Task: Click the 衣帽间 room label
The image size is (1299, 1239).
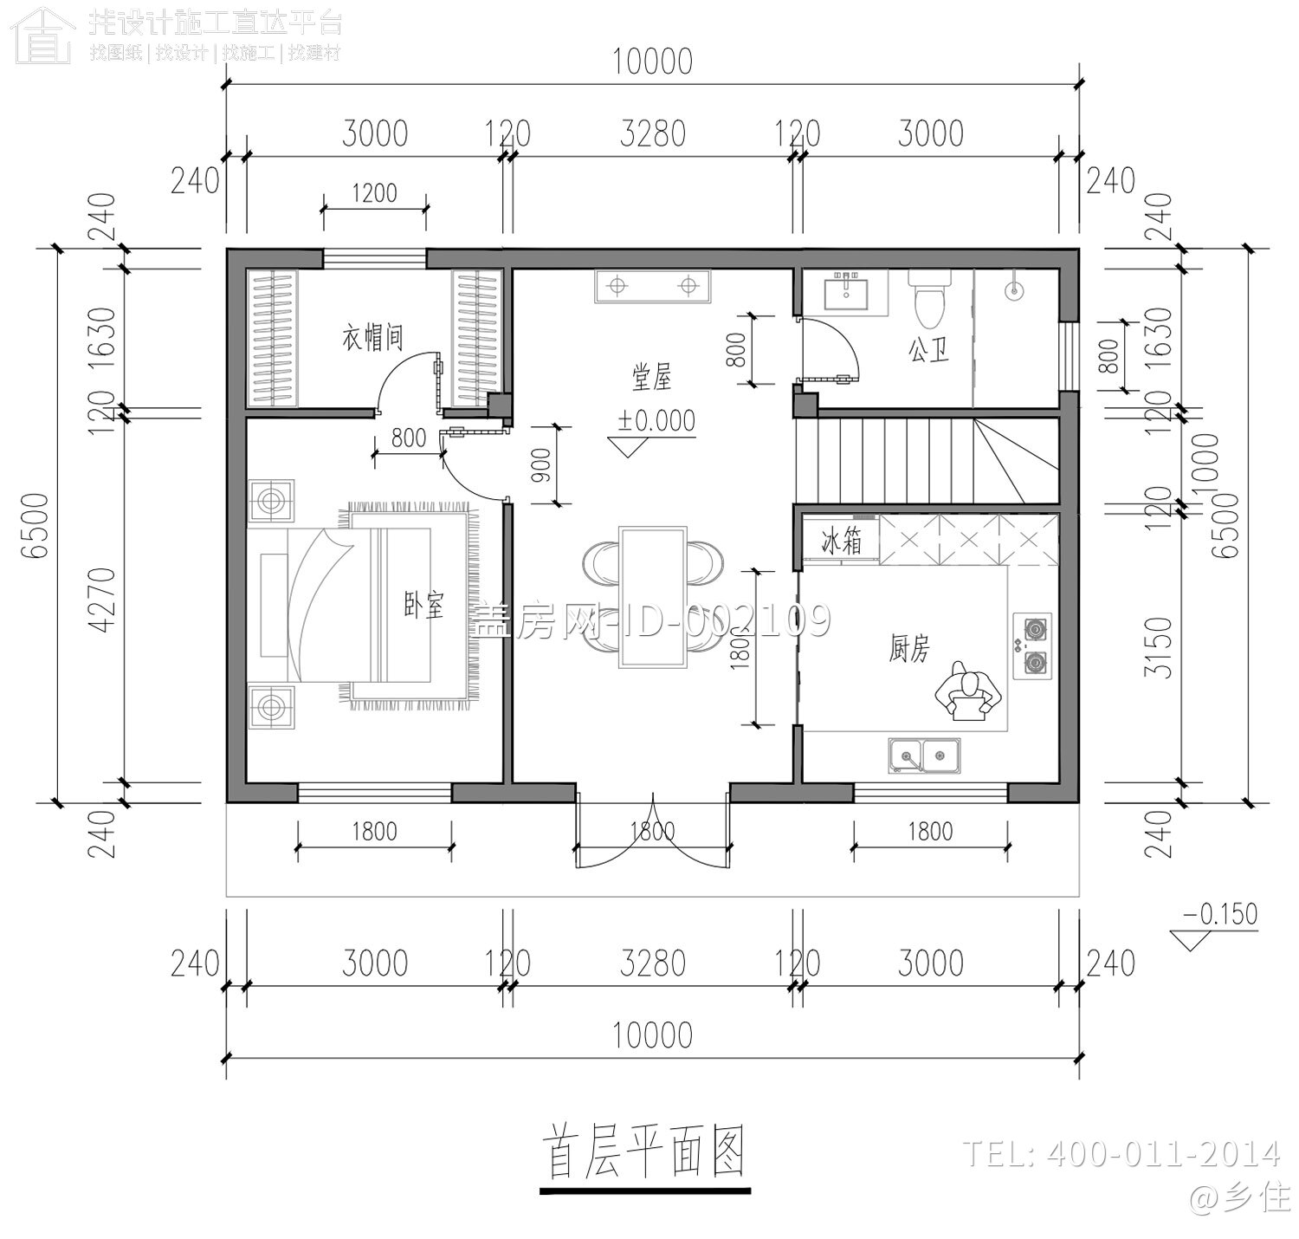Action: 373,337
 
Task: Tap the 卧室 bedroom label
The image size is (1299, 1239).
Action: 423,606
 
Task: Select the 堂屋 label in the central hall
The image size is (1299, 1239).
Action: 651,379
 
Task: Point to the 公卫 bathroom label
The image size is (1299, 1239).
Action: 928,351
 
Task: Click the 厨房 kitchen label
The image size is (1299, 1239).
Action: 908,648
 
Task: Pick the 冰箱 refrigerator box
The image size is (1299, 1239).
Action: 841,543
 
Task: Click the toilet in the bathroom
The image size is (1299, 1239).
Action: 928,298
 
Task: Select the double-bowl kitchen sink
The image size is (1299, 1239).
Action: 924,756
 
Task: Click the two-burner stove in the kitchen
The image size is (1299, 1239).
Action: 1033,645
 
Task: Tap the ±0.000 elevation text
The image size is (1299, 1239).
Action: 656,420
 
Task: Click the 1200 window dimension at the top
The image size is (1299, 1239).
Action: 374,192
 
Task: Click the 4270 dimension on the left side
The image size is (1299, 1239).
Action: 101,600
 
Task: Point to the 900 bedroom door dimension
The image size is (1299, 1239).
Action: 543,464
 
